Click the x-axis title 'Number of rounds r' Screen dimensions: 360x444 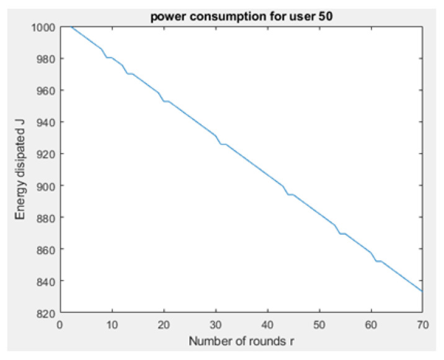pos(241,341)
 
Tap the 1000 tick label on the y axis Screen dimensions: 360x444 pos(43,27)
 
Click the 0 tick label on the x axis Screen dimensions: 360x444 pos(60,324)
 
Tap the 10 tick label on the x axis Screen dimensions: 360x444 pos(112,324)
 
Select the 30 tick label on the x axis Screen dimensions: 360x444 pos(215,324)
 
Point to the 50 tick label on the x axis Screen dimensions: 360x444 pos(319,324)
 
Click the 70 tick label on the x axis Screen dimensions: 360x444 pos(422,324)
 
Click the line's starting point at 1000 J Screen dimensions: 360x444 pos(71,27)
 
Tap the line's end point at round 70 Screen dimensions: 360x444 pos(422,291)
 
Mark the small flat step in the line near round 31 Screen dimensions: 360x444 pos(223,144)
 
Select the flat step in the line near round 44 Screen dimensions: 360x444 pos(290,194)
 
